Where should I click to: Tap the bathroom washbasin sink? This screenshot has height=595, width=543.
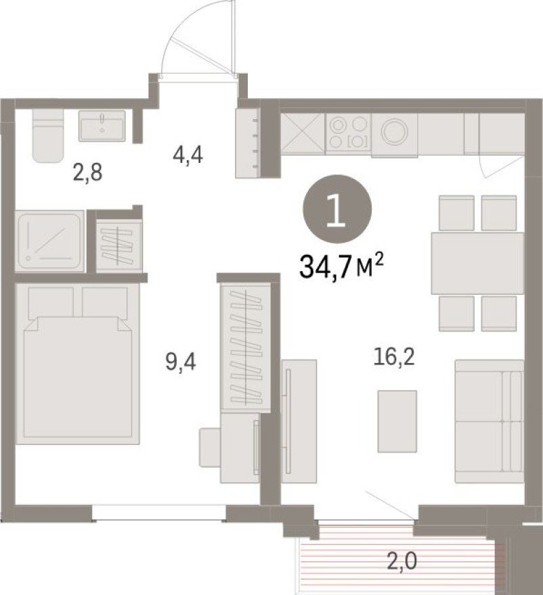point(102,126)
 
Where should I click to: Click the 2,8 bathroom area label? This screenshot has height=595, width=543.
point(87,174)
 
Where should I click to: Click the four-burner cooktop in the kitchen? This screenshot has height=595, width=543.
point(348,133)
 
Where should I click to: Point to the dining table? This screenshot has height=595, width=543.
point(477,263)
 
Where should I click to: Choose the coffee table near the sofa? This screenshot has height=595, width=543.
point(397,421)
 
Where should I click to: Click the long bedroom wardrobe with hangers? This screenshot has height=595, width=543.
point(245,349)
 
